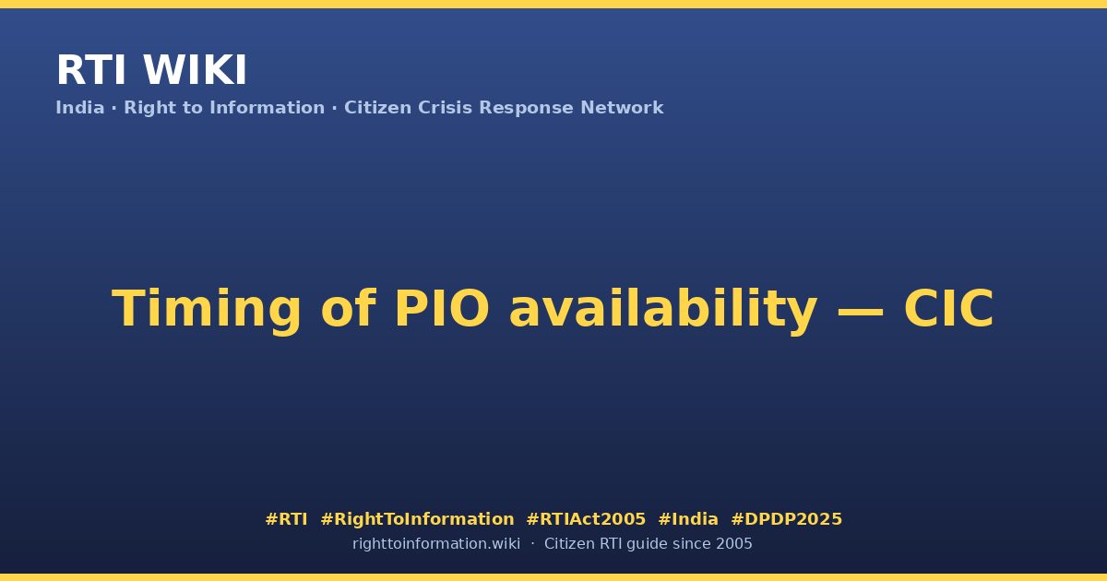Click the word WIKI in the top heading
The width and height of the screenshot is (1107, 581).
(x=195, y=71)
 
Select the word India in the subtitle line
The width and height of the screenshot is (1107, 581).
(x=80, y=108)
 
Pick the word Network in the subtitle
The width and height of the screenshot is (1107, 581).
(x=622, y=108)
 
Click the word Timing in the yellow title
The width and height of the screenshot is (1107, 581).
(x=207, y=310)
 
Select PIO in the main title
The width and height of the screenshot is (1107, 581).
(x=442, y=309)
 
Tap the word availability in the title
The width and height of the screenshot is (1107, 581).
(x=663, y=310)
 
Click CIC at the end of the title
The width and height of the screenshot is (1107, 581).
(x=949, y=309)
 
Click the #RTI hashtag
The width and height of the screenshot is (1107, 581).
(x=286, y=519)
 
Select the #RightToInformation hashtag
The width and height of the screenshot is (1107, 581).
(x=418, y=519)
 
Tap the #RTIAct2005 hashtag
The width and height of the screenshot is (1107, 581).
(x=586, y=519)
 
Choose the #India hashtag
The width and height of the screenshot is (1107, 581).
(x=688, y=519)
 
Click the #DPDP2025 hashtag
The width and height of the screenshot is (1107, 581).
(x=786, y=519)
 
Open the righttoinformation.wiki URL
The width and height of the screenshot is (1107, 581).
(x=436, y=544)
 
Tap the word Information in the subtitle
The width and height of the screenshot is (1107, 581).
(x=268, y=108)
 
